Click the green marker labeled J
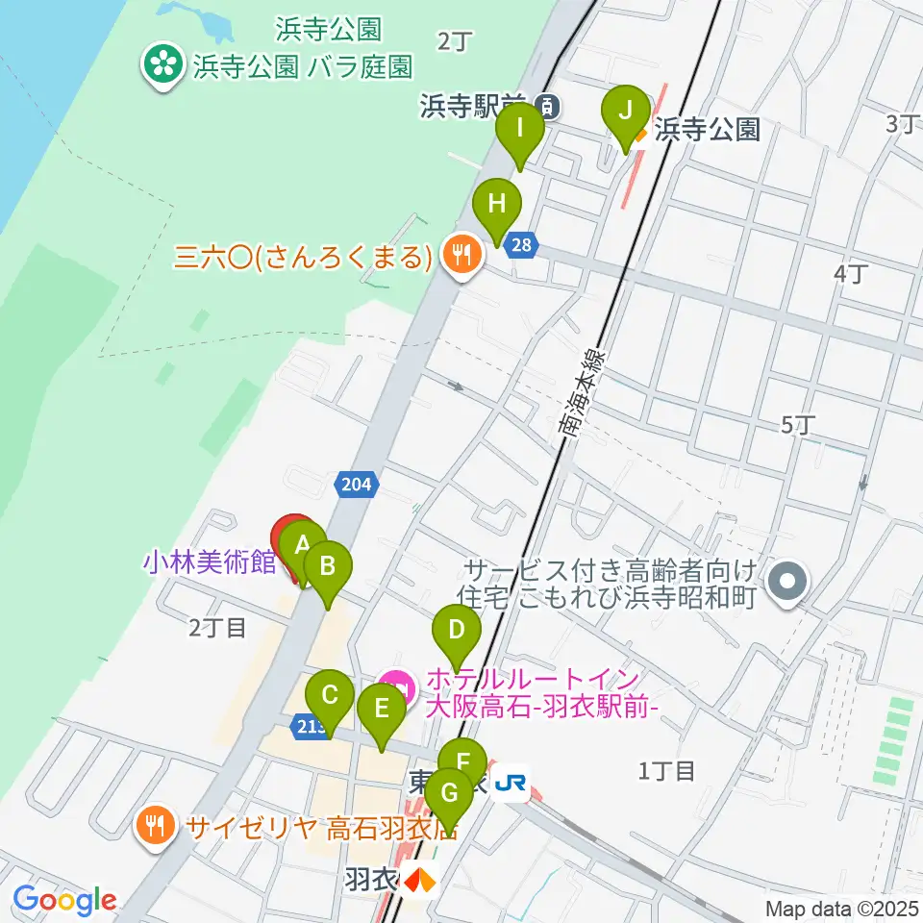(625, 112)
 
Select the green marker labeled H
(496, 205)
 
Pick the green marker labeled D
(457, 632)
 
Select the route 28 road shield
(520, 245)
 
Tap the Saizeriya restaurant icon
(155, 823)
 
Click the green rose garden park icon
(163, 66)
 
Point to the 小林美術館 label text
(211, 562)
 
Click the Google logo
(64, 900)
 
